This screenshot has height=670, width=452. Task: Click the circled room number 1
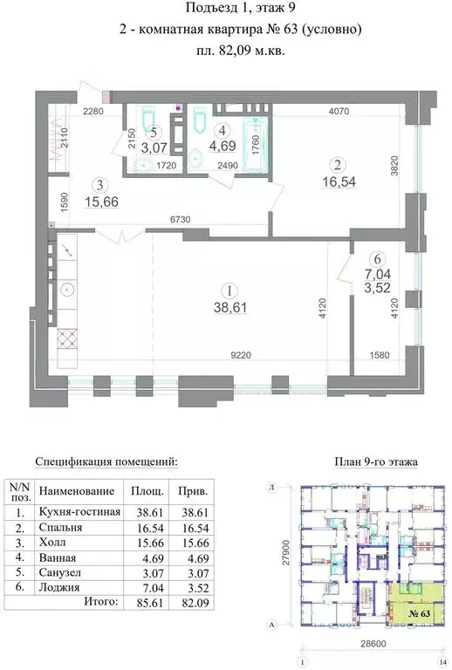click(229, 291)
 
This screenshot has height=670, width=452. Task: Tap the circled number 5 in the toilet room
click(153, 133)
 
